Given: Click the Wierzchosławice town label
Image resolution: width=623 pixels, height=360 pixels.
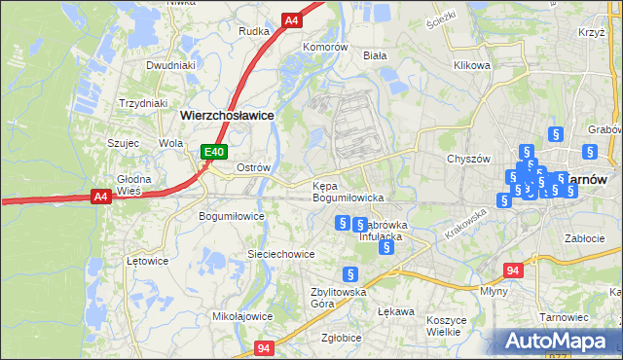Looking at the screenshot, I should point(227,114).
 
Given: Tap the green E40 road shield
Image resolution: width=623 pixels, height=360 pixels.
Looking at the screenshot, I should point(215,152).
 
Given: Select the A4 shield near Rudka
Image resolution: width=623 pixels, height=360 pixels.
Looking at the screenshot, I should point(292,19).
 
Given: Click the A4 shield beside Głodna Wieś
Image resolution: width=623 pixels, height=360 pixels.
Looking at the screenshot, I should point(100,197).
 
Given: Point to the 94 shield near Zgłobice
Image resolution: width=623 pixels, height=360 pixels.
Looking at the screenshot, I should point(264,347).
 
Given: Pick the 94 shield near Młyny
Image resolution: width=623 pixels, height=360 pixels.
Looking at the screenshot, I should point(513,270).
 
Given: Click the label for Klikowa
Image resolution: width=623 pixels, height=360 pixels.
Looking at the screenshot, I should point(470,66).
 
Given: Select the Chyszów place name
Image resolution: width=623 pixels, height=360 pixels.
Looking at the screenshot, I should point(465,158).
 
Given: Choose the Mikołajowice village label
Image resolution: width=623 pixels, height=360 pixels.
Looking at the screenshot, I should point(241,316).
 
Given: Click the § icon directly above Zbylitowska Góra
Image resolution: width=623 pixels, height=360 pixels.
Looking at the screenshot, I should point(351,274).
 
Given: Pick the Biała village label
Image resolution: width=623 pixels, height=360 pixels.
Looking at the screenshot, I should point(375,56).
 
